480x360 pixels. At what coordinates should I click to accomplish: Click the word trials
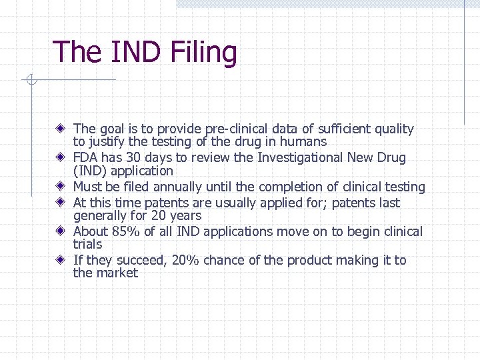(87, 244)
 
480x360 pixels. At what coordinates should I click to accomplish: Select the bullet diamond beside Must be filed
(60, 187)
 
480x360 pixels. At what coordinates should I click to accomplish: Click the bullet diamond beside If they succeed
(60, 260)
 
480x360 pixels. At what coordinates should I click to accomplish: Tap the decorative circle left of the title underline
(29, 81)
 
